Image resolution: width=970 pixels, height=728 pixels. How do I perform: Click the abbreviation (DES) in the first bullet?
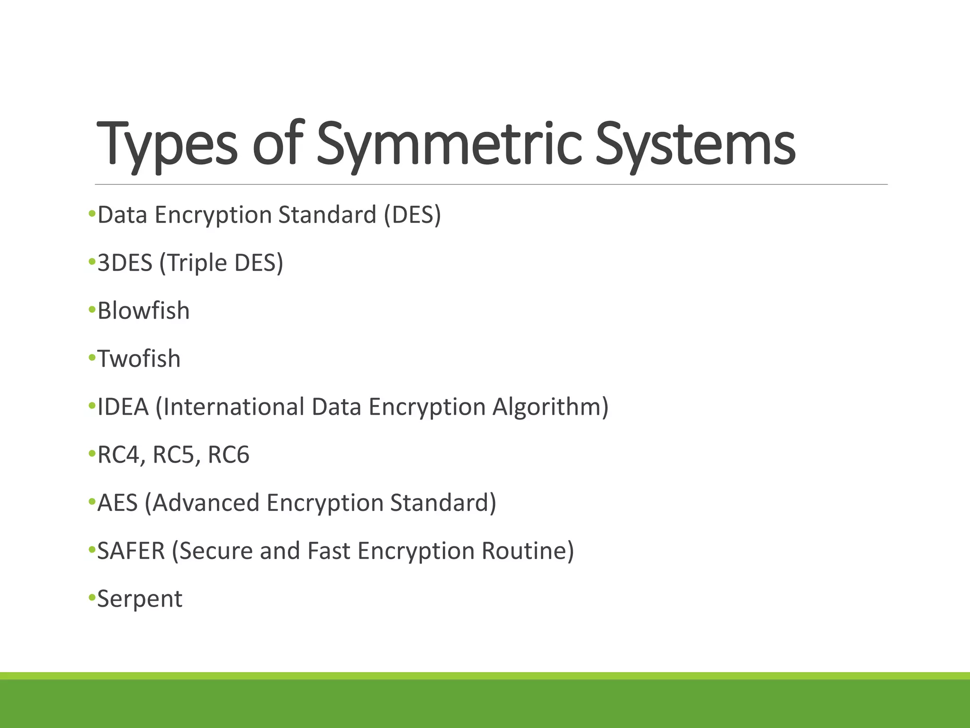coord(413,215)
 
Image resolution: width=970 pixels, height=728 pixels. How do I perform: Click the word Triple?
coord(193,264)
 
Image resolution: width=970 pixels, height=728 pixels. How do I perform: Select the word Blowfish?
coord(144,311)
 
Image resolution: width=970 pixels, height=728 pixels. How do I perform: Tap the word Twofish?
coord(139,359)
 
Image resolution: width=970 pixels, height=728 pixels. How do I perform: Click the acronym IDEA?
coord(123,407)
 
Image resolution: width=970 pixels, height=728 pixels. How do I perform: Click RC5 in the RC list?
coord(174,455)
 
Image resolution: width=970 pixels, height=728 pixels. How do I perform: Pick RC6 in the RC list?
coord(228,455)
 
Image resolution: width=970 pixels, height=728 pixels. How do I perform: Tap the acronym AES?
coord(117,503)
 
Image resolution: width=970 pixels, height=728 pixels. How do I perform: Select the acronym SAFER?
coord(131,551)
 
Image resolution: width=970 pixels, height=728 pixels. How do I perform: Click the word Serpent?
coord(140,599)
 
